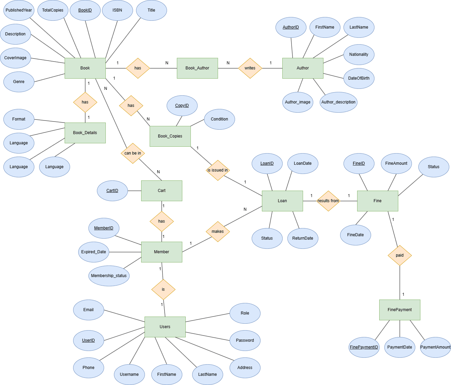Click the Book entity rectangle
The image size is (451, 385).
tap(85, 68)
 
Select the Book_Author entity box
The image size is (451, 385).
tap(197, 68)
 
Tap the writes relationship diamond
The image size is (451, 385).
tap(250, 68)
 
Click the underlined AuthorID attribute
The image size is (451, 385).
tap(291, 27)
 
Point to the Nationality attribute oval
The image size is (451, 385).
tap(359, 54)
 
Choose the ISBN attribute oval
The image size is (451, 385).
tap(117, 10)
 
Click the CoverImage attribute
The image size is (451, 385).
tap(15, 58)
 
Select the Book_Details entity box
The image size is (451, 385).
tap(85, 133)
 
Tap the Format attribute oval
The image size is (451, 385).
tap(19, 119)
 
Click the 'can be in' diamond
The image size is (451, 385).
tap(133, 153)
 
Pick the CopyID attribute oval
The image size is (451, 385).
tap(182, 106)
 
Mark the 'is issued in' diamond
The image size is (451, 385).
tap(218, 170)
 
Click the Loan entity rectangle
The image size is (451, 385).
tap(282, 201)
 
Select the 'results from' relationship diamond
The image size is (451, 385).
tap(328, 201)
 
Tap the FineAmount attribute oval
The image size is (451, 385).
tap(396, 163)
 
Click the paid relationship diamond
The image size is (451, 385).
tap(400, 255)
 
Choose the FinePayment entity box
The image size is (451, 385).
tap(400, 310)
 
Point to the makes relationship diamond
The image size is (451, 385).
tap(218, 231)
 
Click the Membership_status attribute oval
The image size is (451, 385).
tap(109, 276)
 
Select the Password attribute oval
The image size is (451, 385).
tap(245, 340)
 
